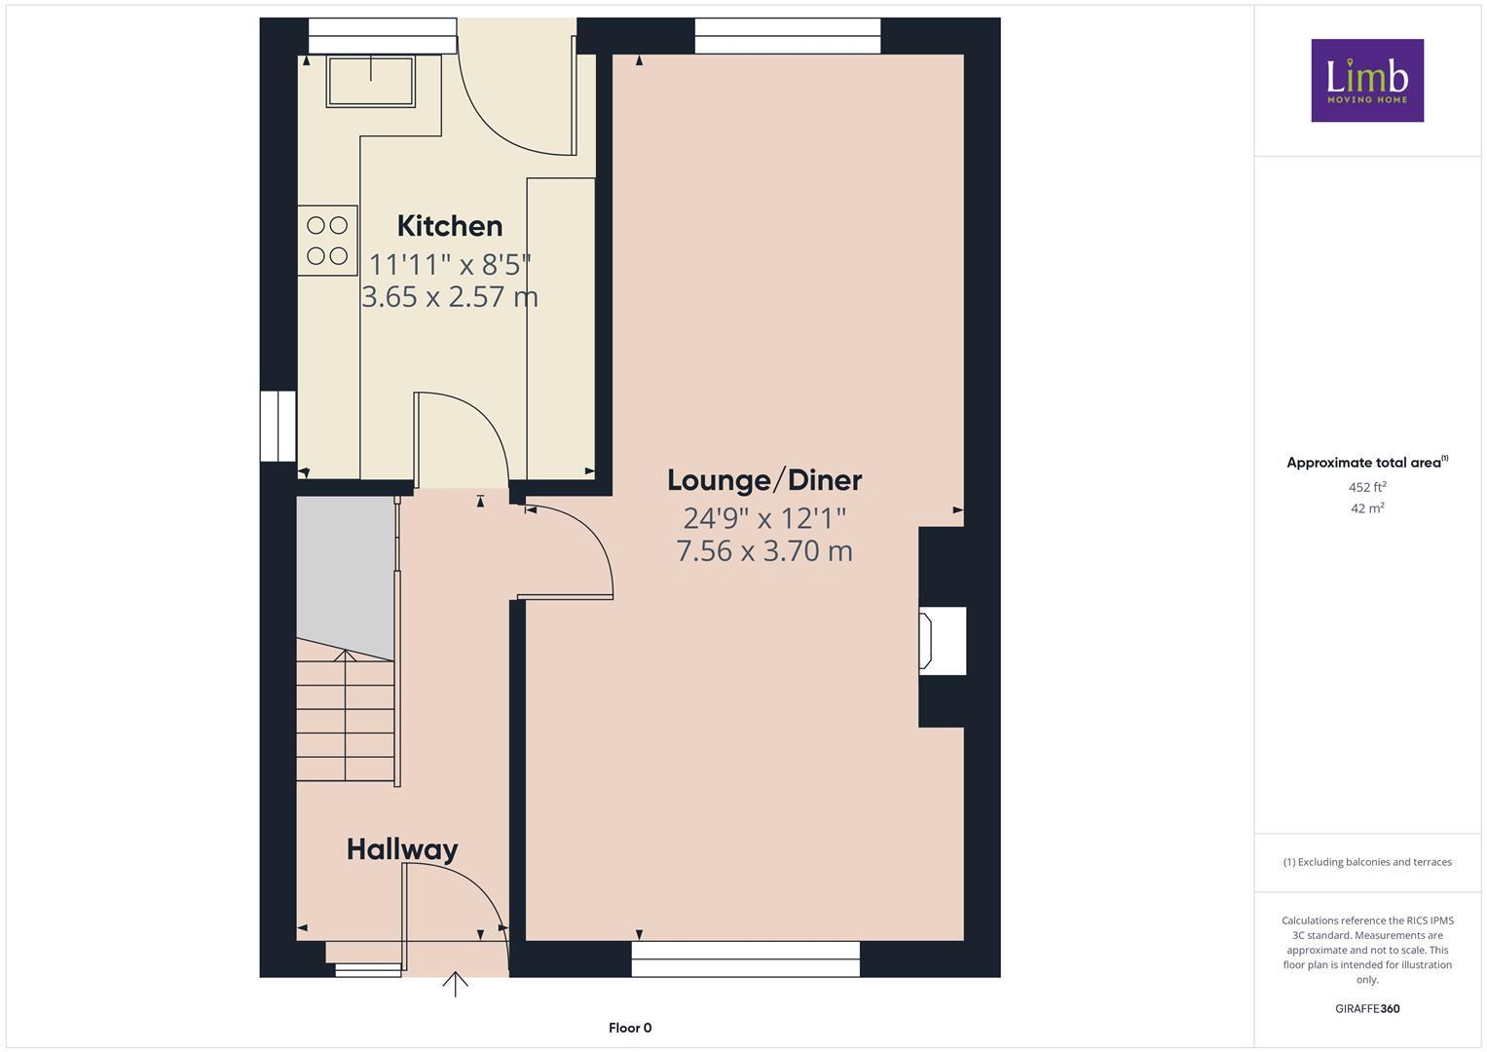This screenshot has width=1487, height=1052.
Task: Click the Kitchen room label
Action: tap(449, 226)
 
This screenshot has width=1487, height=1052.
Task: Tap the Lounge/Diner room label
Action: tap(764, 480)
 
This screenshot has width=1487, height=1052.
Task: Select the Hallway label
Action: tap(402, 849)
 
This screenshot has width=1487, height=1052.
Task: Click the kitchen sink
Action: tap(370, 80)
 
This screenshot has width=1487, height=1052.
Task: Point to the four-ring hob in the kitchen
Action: tap(327, 241)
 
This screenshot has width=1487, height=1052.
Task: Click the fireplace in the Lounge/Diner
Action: tap(942, 640)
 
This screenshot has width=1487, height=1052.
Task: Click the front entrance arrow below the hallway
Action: tap(455, 984)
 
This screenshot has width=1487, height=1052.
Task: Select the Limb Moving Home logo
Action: tap(1367, 80)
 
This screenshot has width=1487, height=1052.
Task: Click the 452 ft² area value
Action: tap(1367, 487)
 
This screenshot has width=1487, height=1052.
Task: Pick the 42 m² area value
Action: tap(1367, 507)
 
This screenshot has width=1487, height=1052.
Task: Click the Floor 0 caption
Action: tap(630, 1028)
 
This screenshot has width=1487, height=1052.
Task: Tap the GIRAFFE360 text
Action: tap(1367, 1008)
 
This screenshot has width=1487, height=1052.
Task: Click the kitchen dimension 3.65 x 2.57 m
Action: tap(449, 296)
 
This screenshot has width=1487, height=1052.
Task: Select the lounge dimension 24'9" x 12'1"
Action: tap(764, 517)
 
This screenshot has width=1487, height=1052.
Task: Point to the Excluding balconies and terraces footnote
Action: tap(1367, 862)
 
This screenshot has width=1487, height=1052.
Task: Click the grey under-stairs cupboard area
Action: tap(345, 570)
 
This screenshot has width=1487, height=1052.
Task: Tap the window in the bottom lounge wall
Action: tap(745, 958)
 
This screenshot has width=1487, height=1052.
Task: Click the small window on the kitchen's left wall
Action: tap(278, 426)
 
